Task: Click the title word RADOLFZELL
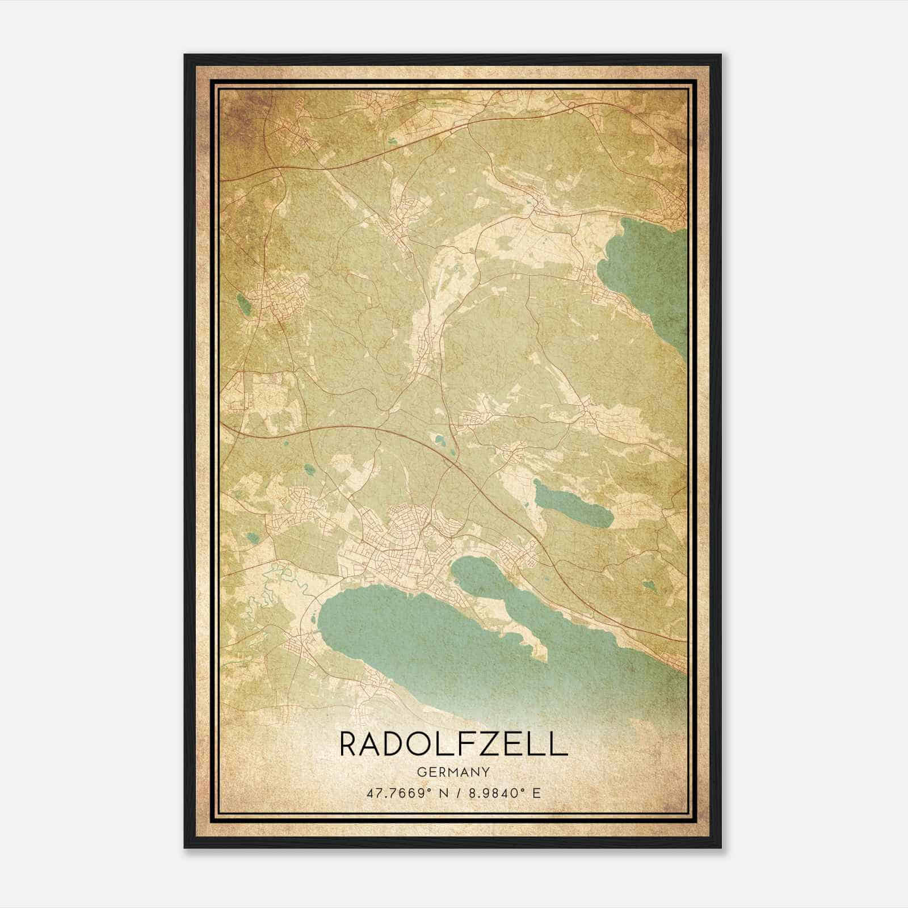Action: click(453, 745)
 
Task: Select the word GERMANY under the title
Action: click(453, 772)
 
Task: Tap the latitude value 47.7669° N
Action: click(400, 792)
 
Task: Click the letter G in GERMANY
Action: click(421, 772)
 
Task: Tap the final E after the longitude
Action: click(536, 792)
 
